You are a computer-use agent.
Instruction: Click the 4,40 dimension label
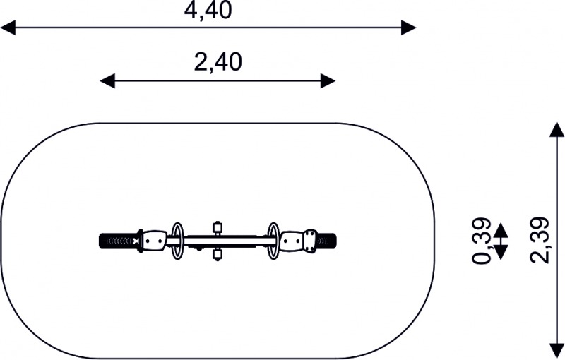[208, 11]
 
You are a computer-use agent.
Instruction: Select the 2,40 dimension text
[218, 62]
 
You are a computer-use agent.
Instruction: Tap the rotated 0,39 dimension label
[482, 241]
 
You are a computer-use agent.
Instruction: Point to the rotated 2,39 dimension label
[540, 240]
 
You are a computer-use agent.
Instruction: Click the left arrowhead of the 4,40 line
[8, 28]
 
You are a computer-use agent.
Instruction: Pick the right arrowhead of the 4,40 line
[409, 28]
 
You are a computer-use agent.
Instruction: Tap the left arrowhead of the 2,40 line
[107, 80]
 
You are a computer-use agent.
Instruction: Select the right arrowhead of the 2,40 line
[328, 80]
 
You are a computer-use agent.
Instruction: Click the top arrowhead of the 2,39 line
[557, 130]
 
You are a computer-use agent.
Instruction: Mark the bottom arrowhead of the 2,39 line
[557, 352]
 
